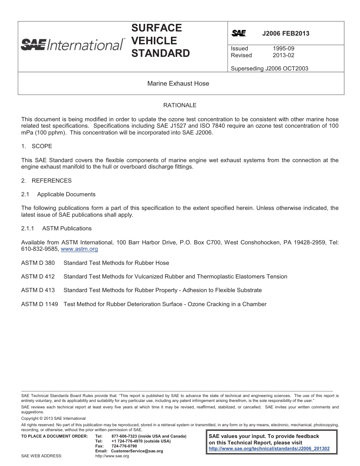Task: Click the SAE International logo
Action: coord(72,45)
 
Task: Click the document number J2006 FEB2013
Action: coord(286,33)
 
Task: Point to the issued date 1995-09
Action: coord(283,48)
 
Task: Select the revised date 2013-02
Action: coord(283,55)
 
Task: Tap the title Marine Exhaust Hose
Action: coord(178,83)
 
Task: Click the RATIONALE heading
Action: coord(180,105)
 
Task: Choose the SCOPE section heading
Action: coord(42,146)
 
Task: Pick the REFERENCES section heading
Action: coord(52,181)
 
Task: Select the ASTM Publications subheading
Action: coord(67,228)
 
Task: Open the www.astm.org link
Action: coord(79,249)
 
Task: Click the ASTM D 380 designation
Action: coord(38,263)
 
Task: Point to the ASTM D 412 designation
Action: coord(38,277)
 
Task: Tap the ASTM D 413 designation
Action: coord(38,290)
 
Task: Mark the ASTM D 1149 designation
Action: coord(39,304)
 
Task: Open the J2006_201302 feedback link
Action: coord(269,449)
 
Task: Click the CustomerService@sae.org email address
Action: coord(137,451)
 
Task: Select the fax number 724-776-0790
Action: coord(124,446)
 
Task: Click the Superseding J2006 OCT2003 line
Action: coord(269,69)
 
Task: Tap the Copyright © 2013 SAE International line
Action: coord(53,419)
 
